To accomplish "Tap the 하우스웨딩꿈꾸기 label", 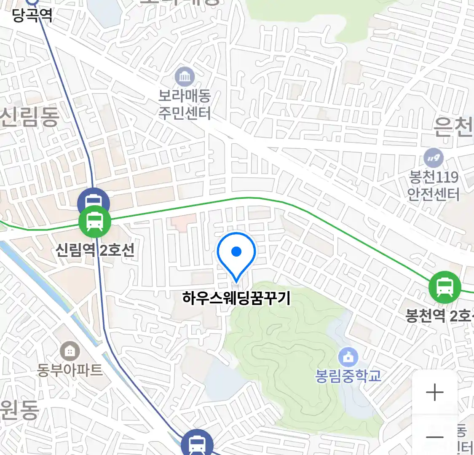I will pos(236,298).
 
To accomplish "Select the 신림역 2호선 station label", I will pos(95,250).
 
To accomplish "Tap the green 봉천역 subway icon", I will pos(445,287).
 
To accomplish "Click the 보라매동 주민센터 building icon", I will pos(185,77).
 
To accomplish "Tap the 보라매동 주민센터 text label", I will pos(185,104).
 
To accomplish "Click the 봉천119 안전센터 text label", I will pos(434,185).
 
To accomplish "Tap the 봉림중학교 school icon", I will pos(348,358).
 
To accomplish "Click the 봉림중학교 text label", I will pos(348,375).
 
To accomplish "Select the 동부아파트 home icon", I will pos(70,351).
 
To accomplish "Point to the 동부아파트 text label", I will pos(70,370).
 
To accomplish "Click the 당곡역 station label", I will pos(32,16).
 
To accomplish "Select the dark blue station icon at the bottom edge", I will pos(197,444).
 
